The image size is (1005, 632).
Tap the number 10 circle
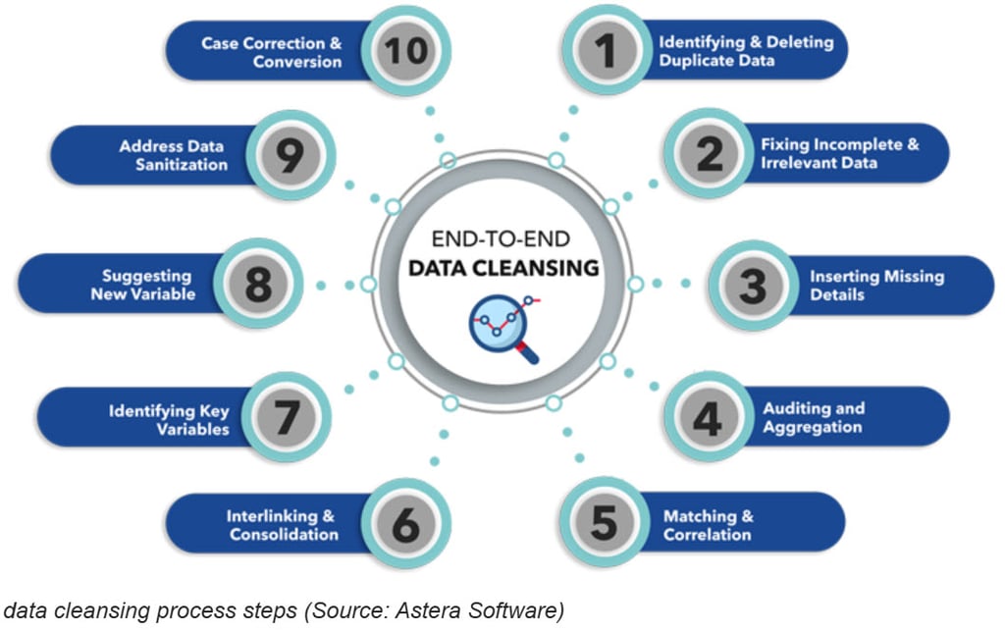click(x=403, y=51)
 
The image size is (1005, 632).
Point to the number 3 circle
click(x=752, y=286)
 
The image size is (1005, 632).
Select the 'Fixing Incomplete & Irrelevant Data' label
click(x=839, y=153)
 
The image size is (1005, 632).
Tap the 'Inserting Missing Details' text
click(x=876, y=286)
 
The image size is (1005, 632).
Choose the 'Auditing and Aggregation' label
click(x=814, y=417)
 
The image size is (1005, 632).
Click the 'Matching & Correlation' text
click(x=708, y=525)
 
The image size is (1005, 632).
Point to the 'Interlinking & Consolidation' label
click(x=283, y=525)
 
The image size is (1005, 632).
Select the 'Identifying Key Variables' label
click(x=169, y=420)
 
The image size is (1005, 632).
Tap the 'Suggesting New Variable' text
click(x=143, y=285)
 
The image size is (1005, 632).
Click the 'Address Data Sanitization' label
click(x=172, y=155)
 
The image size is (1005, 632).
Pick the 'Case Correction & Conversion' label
click(x=272, y=52)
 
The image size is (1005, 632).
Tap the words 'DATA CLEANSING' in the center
click(x=503, y=267)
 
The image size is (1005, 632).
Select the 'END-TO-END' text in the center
click(x=502, y=238)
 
